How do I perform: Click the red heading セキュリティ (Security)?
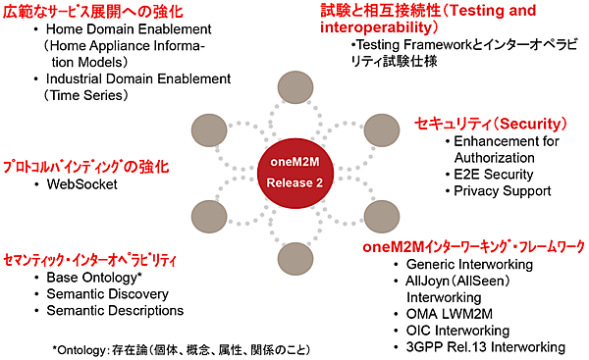pyautogui.click(x=492, y=124)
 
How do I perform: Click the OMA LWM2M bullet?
pyautogui.click(x=449, y=314)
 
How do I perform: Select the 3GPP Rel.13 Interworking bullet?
pyautogui.click(x=478, y=347)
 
